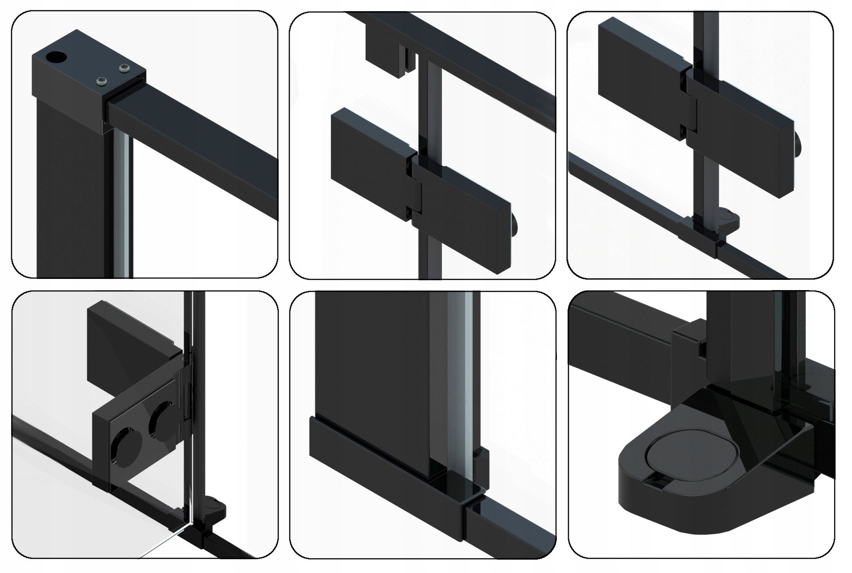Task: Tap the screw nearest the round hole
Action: pyautogui.click(x=102, y=81)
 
